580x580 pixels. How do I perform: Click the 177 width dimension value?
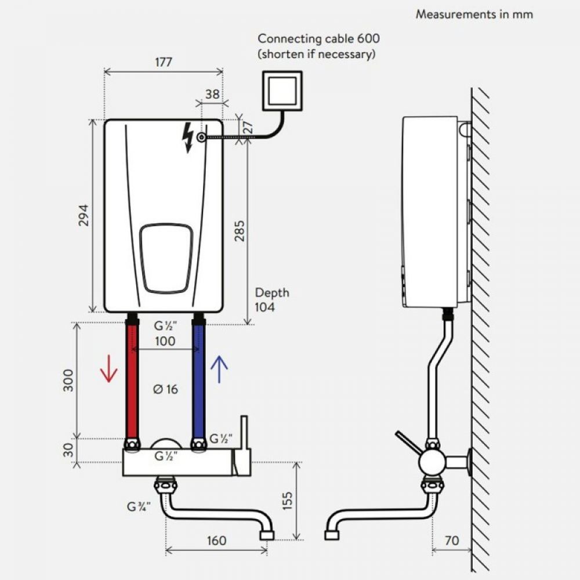(164, 62)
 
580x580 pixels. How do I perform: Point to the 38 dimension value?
(212, 95)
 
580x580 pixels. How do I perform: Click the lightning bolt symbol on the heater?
(187, 138)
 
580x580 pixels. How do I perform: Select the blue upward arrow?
(219, 369)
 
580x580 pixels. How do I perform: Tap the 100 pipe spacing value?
(165, 341)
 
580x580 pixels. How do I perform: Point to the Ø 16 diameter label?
(165, 389)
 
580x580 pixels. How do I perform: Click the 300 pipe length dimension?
(69, 380)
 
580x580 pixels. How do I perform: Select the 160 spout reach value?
(216, 541)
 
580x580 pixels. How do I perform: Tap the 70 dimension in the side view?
(452, 541)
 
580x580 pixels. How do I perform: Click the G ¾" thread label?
(139, 506)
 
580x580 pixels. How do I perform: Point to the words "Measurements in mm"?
(474, 14)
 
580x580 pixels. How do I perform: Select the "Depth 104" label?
(271, 300)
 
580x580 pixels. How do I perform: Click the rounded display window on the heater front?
(165, 258)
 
